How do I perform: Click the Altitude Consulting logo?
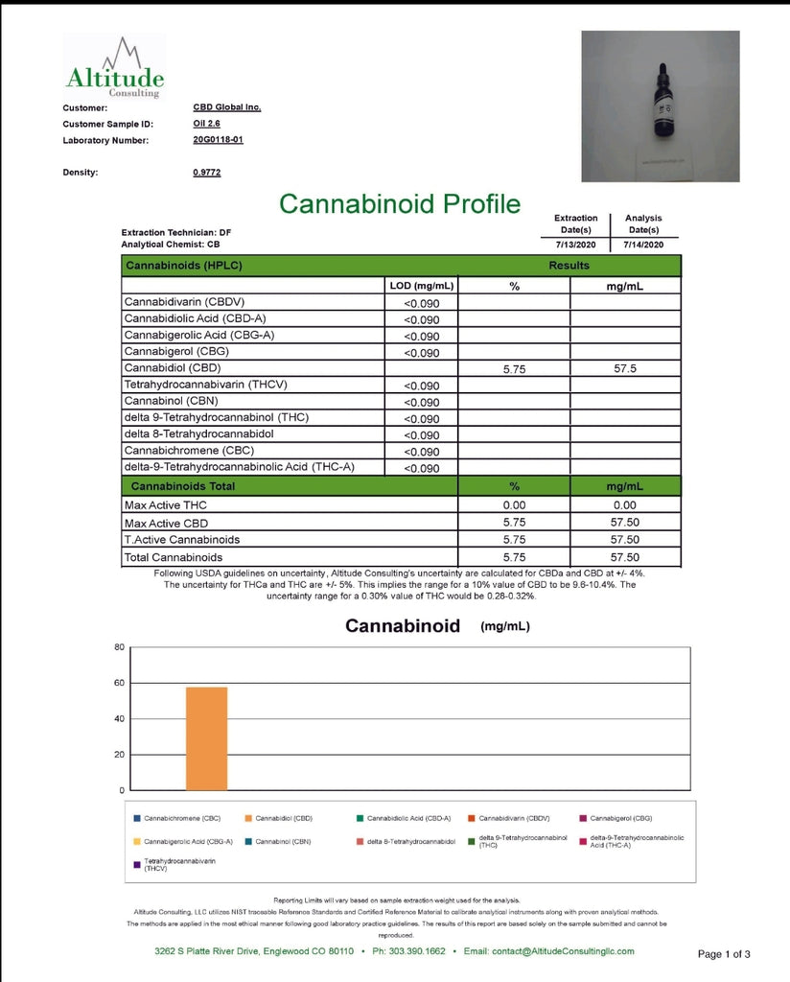[x=114, y=68]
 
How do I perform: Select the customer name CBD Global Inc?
[x=226, y=107]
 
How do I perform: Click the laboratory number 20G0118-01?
[x=218, y=140]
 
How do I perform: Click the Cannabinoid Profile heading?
[x=399, y=203]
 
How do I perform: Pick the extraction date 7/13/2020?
[x=575, y=245]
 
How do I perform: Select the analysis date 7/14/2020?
[x=643, y=245]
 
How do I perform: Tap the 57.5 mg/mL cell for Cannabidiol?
[x=625, y=368]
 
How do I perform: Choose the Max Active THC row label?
[x=165, y=505]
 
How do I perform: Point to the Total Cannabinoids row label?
[x=173, y=556]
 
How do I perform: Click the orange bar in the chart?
[x=206, y=737]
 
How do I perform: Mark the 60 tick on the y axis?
[x=120, y=683]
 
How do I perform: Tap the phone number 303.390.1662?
[x=414, y=951]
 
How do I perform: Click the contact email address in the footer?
[x=548, y=951]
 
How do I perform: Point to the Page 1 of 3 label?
[x=724, y=954]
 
